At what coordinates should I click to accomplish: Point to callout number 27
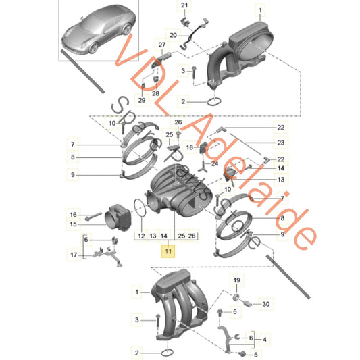click(161, 45)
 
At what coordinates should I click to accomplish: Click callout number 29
click(142, 100)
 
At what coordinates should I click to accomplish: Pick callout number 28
click(155, 93)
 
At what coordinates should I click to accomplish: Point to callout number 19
click(236, 280)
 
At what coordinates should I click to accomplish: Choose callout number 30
click(266, 305)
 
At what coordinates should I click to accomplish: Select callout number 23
click(281, 143)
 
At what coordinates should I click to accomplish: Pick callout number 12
click(143, 236)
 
